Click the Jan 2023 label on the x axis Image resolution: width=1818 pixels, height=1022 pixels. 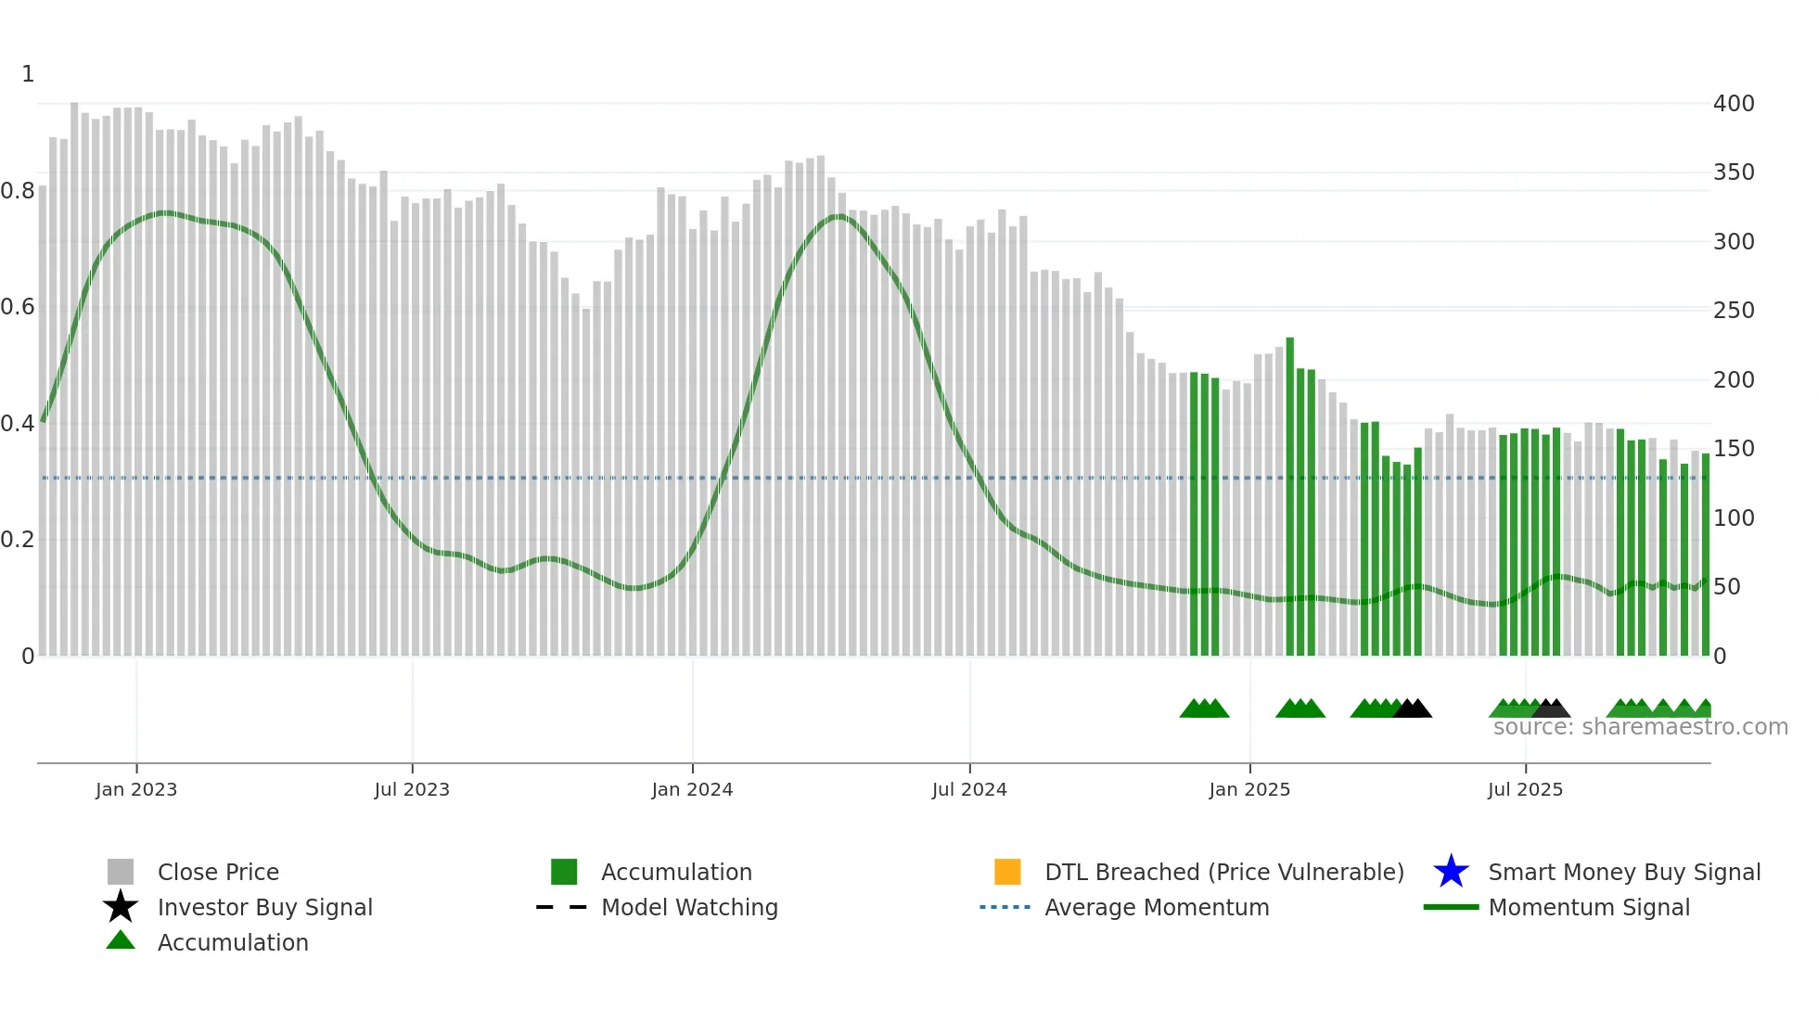pyautogui.click(x=136, y=789)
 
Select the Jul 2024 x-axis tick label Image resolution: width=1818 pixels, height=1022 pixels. pyautogui.click(x=969, y=789)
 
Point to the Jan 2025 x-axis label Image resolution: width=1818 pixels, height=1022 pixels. pyautogui.click(x=1249, y=789)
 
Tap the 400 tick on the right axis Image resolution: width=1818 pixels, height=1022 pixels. pyautogui.click(x=1734, y=104)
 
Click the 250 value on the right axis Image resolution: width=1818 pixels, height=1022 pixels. pyautogui.click(x=1734, y=311)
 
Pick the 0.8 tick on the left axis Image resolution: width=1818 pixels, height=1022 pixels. pyautogui.click(x=18, y=191)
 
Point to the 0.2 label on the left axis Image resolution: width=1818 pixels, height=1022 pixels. pyautogui.click(x=18, y=540)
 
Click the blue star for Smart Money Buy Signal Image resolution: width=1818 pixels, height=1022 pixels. pyautogui.click(x=1451, y=872)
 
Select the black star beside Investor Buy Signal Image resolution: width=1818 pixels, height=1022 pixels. pyautogui.click(x=121, y=907)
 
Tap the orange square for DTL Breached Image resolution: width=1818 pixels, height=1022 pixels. pyautogui.click(x=1007, y=872)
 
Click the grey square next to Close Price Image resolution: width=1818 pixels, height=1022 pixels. pyautogui.click(x=121, y=872)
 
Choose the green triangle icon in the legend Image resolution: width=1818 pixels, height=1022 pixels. pyautogui.click(x=121, y=940)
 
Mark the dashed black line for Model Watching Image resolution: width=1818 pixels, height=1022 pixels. pyautogui.click(x=561, y=907)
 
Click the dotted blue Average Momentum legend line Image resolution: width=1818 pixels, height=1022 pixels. pyautogui.click(x=1005, y=907)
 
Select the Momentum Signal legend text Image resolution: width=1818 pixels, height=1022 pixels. pyautogui.click(x=1589, y=907)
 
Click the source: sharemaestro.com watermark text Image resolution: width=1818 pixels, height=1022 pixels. pyautogui.click(x=1640, y=727)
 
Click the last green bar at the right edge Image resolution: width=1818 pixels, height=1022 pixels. pyautogui.click(x=1705, y=556)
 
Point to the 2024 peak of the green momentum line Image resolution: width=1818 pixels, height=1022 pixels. pyautogui.click(x=838, y=216)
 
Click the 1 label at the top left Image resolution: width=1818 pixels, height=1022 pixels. pyautogui.click(x=28, y=74)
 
